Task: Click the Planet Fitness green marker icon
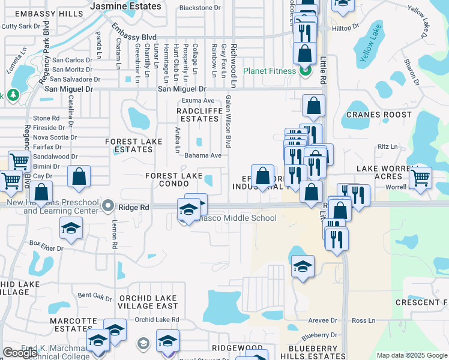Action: coord(305,71)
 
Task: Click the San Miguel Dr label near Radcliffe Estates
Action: coord(185,89)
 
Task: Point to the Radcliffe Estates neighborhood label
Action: coord(197,115)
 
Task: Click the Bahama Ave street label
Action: coord(203,155)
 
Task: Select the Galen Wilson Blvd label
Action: coord(228,122)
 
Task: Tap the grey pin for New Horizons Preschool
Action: coord(108,206)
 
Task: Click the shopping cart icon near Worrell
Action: coord(420,177)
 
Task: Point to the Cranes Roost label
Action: coord(379,115)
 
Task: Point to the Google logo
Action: coord(20,353)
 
